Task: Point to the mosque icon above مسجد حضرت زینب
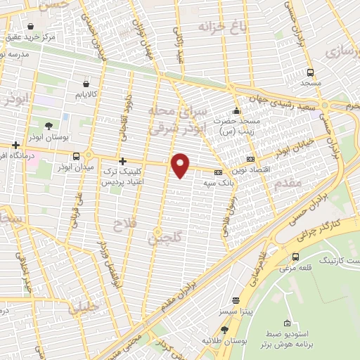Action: click(236, 110)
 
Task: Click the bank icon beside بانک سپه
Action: click(218, 172)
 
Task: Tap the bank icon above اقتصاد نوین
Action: click(252, 159)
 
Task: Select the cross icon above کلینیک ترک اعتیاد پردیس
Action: click(122, 161)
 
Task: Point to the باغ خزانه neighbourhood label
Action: click(214, 29)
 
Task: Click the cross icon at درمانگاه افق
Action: click(15, 144)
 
